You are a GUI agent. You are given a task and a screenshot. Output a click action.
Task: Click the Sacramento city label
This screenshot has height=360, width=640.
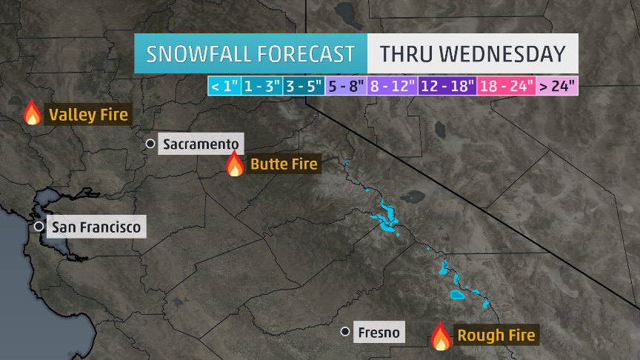pos(201,144)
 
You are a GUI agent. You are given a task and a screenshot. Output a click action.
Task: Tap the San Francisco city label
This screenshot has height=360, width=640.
pos(96,227)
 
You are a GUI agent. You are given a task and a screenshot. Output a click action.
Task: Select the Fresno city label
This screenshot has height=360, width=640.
pos(378,333)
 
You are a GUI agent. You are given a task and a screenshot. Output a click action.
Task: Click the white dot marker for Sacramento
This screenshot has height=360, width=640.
pos(150,143)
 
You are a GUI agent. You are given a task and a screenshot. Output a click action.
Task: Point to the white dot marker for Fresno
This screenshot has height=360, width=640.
pos(345,332)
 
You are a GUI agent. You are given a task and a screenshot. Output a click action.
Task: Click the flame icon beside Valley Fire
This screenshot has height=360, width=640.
pos(32,113)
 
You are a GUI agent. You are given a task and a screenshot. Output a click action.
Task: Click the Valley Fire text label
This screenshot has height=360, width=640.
pos(88,115)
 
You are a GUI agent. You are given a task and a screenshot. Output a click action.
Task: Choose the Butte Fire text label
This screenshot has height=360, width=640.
pos(284,164)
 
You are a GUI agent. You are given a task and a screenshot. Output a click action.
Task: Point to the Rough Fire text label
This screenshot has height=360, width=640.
pos(496,336)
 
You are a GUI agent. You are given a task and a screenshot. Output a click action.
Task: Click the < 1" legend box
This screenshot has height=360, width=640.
pos(224,86)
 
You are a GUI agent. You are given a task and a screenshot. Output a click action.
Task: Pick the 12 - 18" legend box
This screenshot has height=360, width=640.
pos(447,86)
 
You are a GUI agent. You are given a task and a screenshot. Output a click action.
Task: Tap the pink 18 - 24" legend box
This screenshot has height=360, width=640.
pos(507,86)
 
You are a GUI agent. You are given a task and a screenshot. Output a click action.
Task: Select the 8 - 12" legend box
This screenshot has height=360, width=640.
pos(392,86)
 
